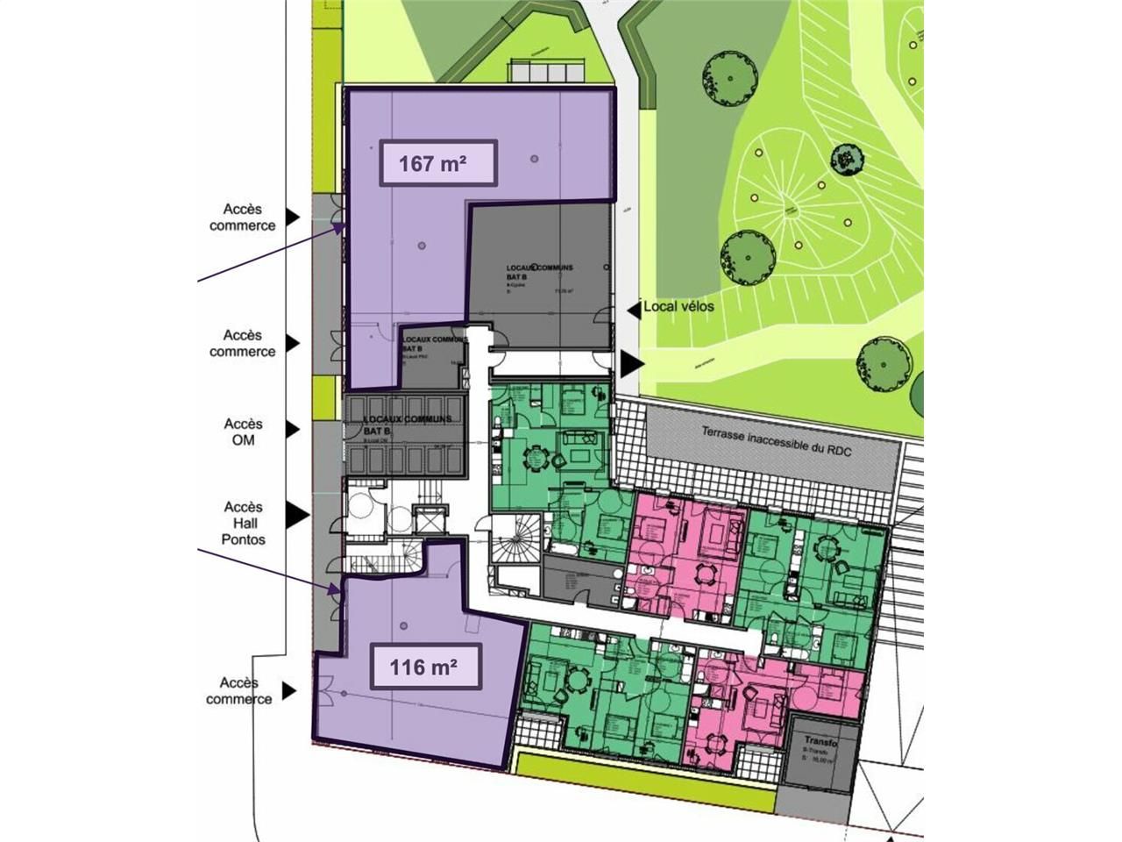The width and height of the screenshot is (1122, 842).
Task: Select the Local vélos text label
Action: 678,307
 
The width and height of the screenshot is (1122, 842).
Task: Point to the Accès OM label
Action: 243,432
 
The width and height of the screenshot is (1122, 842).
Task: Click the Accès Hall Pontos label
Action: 243,523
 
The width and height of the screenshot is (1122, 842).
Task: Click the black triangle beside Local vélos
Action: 634,308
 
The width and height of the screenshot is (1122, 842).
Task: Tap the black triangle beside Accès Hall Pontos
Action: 297,515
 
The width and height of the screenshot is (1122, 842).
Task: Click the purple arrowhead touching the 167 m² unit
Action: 337,226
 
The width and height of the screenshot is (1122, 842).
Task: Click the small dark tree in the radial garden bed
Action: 844,159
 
